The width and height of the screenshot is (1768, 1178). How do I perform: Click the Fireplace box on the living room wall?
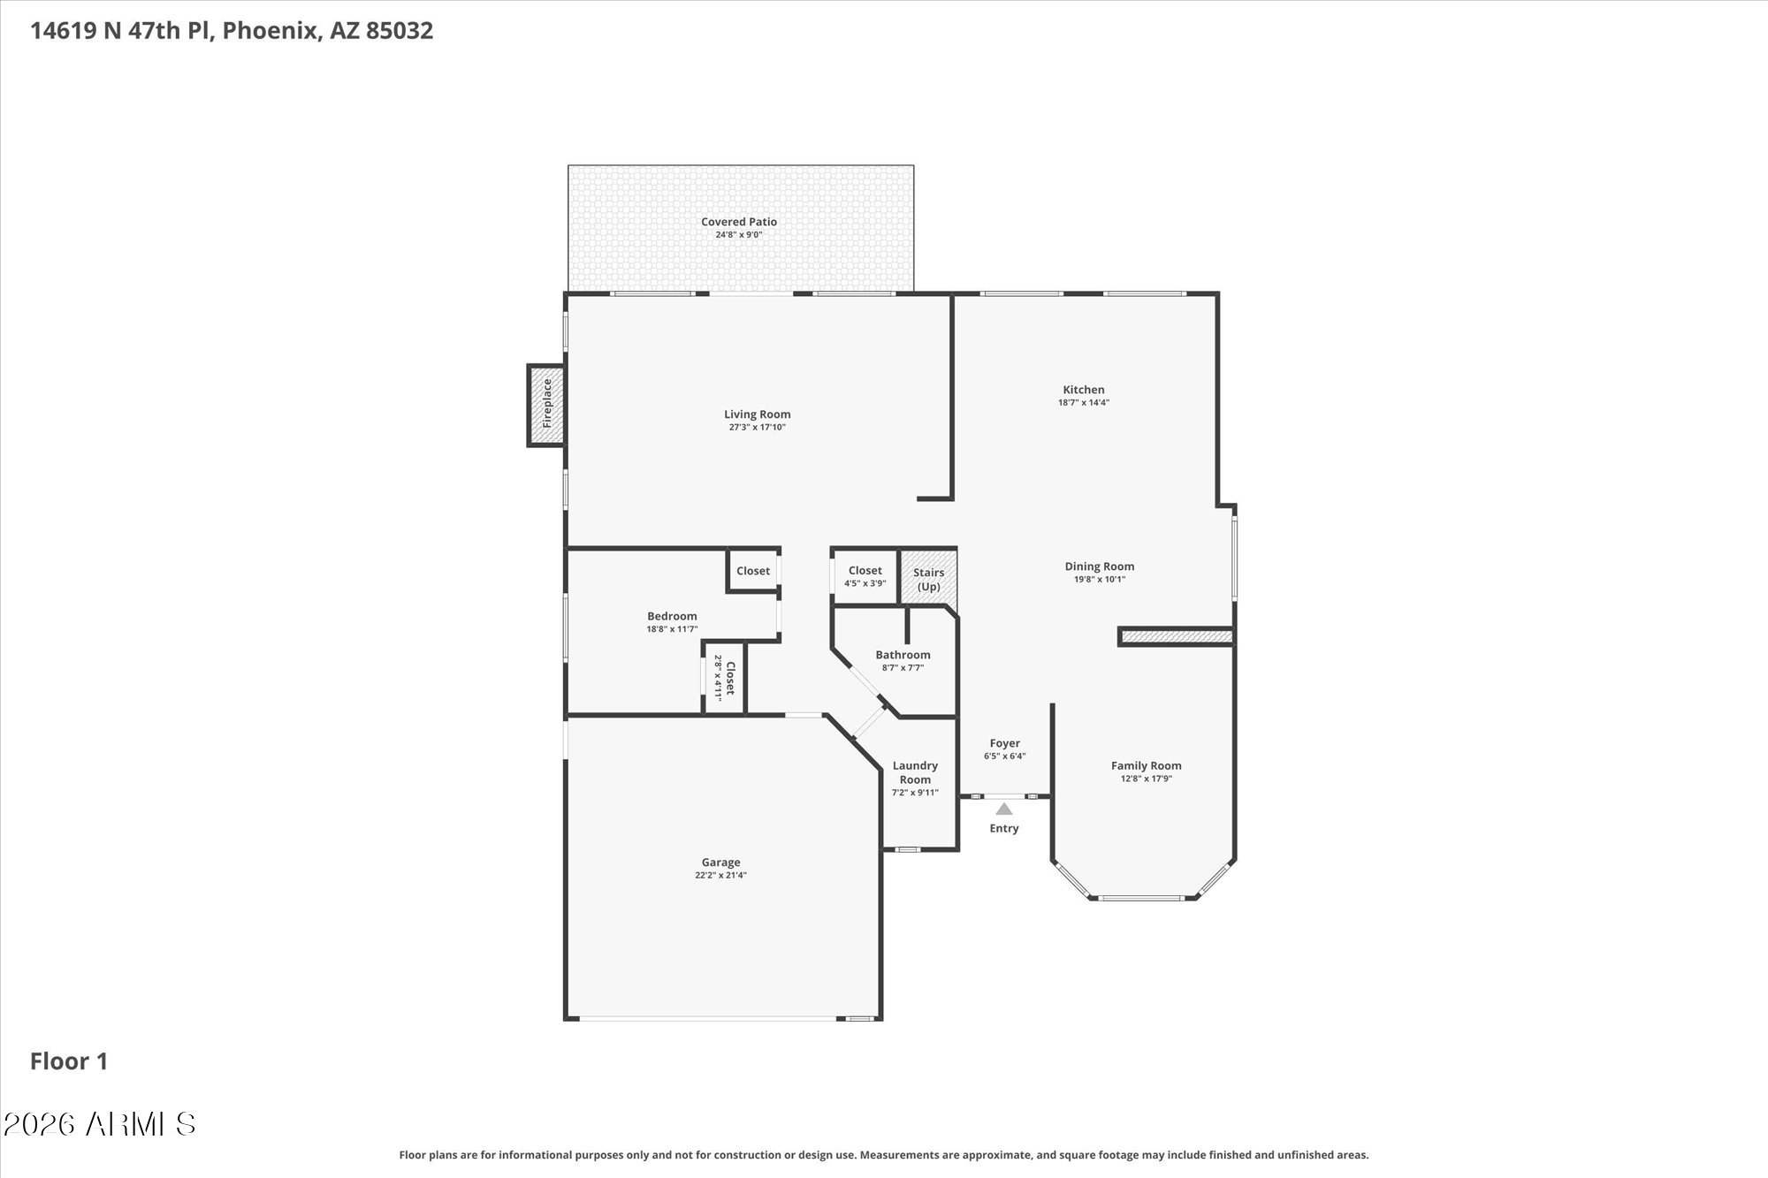point(546,405)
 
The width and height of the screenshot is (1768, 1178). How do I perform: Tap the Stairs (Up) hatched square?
point(928,579)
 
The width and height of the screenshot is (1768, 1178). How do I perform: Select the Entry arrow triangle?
point(1003,809)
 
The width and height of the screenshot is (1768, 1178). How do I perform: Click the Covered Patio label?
point(739,222)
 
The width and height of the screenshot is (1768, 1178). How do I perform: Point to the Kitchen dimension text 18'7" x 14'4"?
point(1084,402)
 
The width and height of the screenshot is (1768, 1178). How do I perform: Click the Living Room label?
point(757,414)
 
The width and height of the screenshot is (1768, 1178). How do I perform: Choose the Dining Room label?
point(1099,566)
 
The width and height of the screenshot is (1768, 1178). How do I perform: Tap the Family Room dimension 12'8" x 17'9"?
point(1146,779)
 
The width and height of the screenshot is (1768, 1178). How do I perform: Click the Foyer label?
point(1004,743)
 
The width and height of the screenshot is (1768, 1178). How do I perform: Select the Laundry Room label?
point(915,772)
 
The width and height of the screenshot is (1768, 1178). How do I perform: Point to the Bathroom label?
point(903,655)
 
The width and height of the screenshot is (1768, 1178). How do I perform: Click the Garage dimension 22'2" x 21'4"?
point(720,875)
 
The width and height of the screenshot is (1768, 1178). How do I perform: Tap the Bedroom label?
point(672,616)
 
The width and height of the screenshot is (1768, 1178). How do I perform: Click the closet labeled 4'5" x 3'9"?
point(865,576)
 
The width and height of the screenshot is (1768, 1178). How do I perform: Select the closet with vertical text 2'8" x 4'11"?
point(724,678)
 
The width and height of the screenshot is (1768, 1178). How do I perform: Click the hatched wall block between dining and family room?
point(1176,636)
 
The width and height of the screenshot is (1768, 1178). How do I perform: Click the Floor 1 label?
point(69,1061)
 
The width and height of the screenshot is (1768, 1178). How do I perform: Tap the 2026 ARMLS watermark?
point(99,1124)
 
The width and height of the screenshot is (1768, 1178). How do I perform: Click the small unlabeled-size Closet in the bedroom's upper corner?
point(753,571)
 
